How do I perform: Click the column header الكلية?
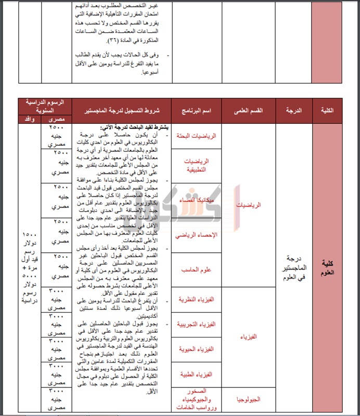328,111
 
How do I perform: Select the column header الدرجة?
293,111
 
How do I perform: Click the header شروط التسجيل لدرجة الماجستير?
122,111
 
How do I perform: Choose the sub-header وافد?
30,119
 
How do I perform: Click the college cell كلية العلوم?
328,267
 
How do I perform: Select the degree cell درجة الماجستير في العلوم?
293,267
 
